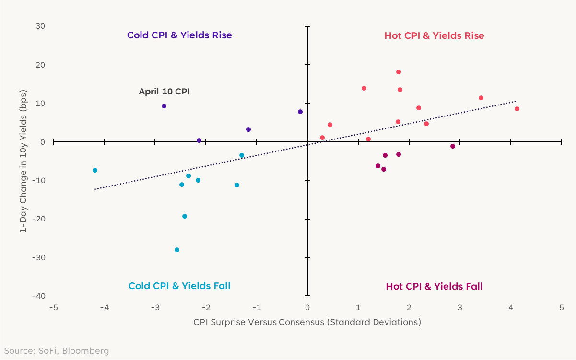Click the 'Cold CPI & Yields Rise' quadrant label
pos(179,35)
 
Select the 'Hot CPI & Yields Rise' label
pos(434,36)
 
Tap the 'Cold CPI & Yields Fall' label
pos(179,286)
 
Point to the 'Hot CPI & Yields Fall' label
pos(434,287)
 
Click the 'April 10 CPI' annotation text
pos(164,91)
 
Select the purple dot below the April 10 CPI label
pos(164,106)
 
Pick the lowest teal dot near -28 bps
pos(177,250)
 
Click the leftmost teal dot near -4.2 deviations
pos(95,170)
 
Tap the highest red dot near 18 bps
pos(399,72)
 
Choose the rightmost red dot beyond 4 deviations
pos(517,109)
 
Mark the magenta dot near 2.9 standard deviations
pos(453,146)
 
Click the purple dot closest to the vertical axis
pos(300,112)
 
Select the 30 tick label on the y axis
pos(40,26)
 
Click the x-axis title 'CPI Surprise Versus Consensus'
pos(307,322)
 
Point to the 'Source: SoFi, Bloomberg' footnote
pos(57,351)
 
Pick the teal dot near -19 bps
pos(185,216)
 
